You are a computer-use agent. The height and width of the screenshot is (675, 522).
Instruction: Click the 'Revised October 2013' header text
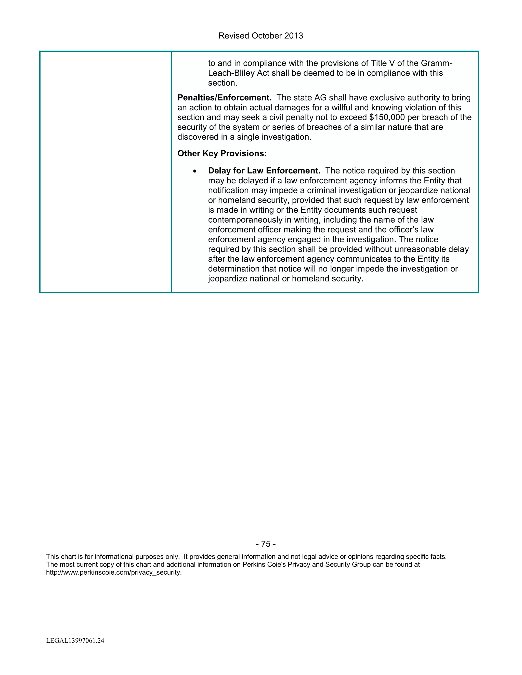[261, 36]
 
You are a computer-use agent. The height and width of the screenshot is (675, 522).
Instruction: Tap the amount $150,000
[387, 117]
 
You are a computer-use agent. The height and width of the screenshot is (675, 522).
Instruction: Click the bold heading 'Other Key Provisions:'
[222, 154]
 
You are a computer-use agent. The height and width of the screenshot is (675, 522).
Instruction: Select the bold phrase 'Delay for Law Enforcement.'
[264, 171]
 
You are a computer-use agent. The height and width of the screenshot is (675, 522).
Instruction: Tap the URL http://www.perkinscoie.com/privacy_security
[114, 572]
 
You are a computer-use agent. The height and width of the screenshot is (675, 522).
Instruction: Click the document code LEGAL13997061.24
[75, 641]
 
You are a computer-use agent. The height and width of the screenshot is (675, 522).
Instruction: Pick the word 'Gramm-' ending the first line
[437, 63]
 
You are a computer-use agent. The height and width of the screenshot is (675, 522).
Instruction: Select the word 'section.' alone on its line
[222, 83]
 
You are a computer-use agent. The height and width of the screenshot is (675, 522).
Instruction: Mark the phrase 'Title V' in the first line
[379, 63]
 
